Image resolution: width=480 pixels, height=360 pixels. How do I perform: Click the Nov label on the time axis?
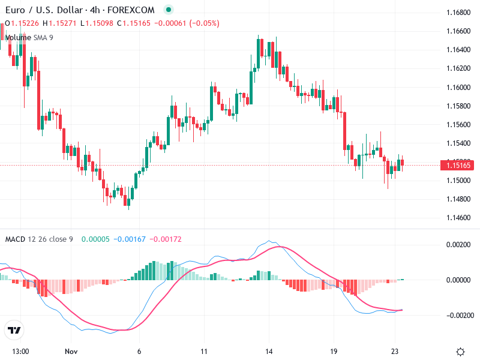tap(71, 351)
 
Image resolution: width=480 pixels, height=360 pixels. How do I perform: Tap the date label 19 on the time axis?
tap(334, 351)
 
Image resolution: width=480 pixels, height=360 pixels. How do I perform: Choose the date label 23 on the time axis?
tap(395, 351)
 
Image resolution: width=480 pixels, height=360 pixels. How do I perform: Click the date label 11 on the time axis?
tap(204, 351)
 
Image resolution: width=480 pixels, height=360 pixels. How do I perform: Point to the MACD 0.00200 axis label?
tap(458, 245)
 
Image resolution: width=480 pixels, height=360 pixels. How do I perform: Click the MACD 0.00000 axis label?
tap(458, 280)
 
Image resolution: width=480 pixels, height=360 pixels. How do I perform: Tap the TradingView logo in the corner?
tap(14, 330)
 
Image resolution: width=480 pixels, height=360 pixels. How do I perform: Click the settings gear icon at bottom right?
tap(460, 352)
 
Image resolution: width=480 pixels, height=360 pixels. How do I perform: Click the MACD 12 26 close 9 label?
tap(39, 239)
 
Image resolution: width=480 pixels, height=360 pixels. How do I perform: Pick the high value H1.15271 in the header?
tap(63, 23)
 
